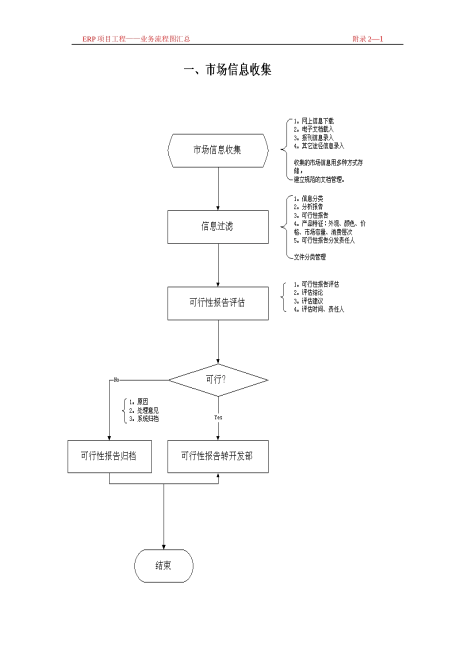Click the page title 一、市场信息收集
(x=227, y=69)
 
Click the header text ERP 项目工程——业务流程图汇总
(x=136, y=39)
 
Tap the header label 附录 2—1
(x=367, y=39)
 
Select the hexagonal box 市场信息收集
(x=217, y=150)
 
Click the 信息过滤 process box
(x=217, y=226)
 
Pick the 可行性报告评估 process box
(x=217, y=303)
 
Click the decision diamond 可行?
(x=217, y=380)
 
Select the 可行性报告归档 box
(x=109, y=456)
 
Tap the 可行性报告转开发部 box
(x=217, y=456)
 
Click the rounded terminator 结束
(x=163, y=565)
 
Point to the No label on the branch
(x=116, y=380)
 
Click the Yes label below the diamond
(x=218, y=417)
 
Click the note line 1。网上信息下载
(x=313, y=121)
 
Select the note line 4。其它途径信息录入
(x=318, y=146)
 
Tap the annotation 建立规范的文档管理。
(x=319, y=179)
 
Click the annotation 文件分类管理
(x=309, y=257)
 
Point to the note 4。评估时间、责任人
(x=318, y=309)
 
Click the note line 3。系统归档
(x=143, y=418)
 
